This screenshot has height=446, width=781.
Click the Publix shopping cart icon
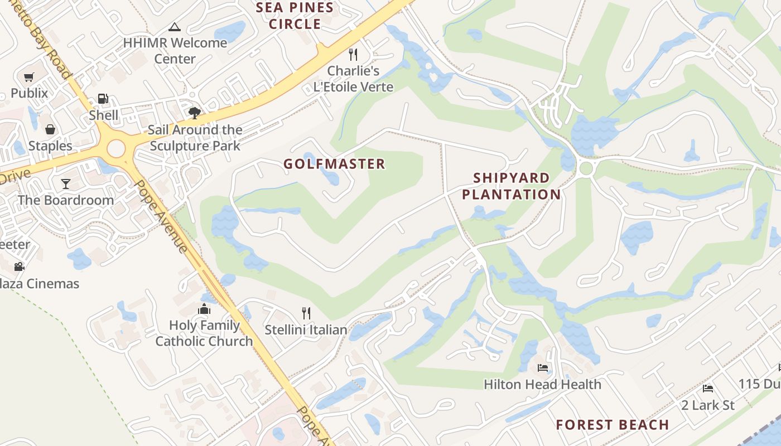click(29, 77)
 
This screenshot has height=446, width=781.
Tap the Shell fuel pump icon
click(103, 99)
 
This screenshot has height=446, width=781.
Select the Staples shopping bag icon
click(50, 129)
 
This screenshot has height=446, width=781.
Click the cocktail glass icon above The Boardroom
click(66, 183)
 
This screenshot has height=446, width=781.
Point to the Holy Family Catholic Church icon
click(204, 309)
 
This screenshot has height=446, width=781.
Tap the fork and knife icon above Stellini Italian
click(306, 313)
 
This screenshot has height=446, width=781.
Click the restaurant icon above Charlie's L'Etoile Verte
click(353, 54)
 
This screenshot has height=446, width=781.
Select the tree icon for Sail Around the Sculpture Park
click(194, 113)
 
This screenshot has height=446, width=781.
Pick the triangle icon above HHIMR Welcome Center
click(175, 27)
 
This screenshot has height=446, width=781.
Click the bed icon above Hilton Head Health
click(542, 367)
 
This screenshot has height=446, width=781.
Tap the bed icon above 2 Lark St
click(708, 388)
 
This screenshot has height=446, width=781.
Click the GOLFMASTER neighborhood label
click(334, 164)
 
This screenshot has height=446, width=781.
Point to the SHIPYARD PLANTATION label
click(511, 186)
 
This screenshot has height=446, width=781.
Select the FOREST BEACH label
click(612, 425)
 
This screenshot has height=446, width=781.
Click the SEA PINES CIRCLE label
click(295, 16)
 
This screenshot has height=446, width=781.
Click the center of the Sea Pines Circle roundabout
click(116, 149)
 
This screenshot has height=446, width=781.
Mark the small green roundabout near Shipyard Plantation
click(586, 168)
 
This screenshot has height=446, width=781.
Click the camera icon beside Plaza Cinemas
click(20, 266)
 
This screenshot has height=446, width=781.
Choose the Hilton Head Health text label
click(542, 384)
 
